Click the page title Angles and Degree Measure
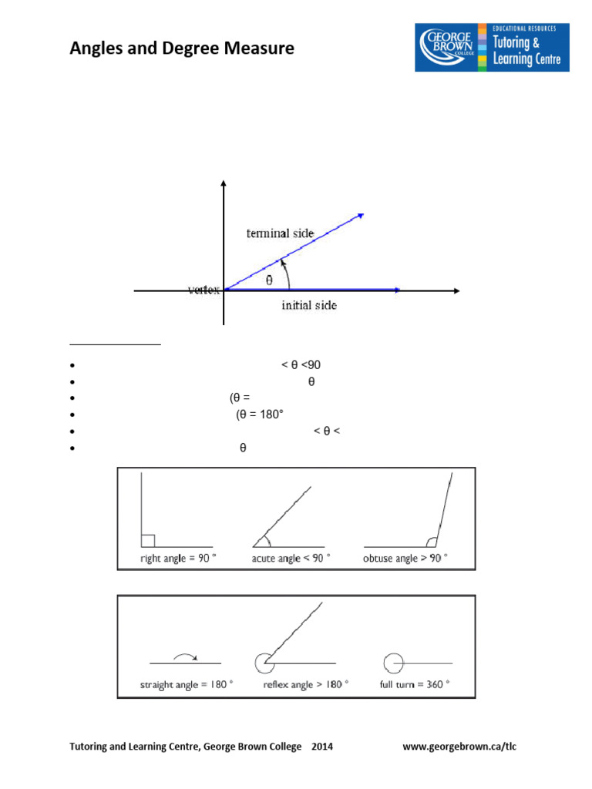[182, 49]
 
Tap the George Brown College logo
[492, 47]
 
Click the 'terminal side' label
[280, 233]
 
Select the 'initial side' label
[308, 305]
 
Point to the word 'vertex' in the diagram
[204, 290]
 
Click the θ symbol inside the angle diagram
[269, 280]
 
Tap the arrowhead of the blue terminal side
[359, 215]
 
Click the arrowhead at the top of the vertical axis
[224, 183]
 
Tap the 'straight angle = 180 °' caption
[187, 684]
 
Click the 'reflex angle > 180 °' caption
[305, 684]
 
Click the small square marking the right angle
[149, 541]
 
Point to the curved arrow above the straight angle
[185, 656]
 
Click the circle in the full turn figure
[393, 663]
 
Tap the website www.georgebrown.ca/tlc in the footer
[466, 747]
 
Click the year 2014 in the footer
[322, 747]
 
